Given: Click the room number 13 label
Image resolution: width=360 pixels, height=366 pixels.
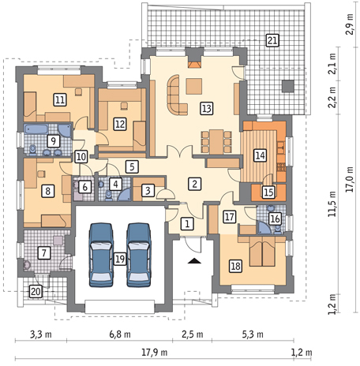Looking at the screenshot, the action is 207,108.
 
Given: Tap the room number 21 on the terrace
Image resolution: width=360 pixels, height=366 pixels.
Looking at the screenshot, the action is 272,40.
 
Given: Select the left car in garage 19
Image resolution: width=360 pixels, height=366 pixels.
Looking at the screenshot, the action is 101,255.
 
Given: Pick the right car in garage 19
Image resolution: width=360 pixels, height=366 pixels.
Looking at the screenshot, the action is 139,255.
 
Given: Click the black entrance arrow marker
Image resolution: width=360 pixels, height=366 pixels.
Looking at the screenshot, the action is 194,261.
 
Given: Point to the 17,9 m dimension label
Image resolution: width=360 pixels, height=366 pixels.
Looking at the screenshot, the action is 155,353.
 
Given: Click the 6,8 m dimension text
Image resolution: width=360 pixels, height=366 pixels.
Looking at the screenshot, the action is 120,334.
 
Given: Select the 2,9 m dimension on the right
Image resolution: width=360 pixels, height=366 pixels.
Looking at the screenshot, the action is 350,24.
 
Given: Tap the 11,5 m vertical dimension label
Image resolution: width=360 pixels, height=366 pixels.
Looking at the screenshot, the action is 332,204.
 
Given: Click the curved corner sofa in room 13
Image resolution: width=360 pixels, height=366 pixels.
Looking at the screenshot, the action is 175,96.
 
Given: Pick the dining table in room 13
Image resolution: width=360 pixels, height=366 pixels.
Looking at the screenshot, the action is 216,142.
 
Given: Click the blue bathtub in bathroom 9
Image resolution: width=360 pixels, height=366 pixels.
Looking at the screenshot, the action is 36,129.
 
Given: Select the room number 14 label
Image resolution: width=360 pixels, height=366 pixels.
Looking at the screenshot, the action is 260,155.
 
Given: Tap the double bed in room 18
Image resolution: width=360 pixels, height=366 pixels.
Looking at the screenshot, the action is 262,251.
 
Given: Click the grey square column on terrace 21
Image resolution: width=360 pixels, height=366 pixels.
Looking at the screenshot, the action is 288,86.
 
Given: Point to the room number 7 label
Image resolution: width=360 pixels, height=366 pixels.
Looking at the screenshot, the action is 44,252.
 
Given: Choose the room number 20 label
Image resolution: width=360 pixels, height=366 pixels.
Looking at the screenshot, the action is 36,291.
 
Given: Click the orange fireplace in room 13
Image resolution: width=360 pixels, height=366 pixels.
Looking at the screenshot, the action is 194,65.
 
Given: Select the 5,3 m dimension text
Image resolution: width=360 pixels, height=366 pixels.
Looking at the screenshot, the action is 253,334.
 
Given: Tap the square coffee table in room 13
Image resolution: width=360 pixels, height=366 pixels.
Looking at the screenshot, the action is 194,87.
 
